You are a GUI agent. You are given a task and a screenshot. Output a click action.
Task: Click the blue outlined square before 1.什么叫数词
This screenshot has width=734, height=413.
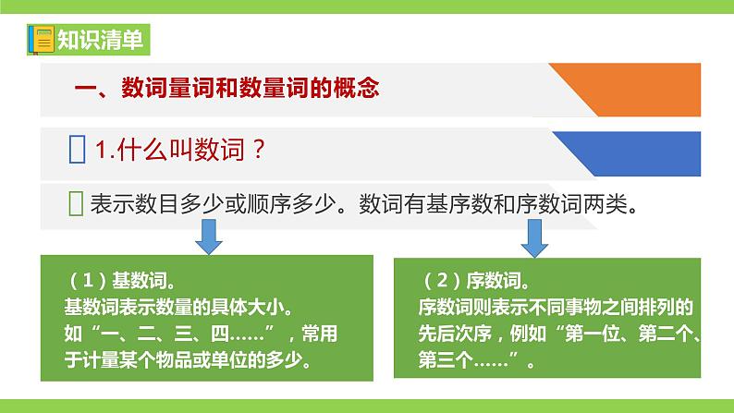pyautogui.click(x=78, y=151)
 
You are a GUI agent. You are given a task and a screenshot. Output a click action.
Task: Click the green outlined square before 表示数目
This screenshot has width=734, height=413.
pyautogui.click(x=77, y=204)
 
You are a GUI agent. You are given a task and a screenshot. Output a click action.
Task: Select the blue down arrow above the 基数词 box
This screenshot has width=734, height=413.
pyautogui.click(x=208, y=242)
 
